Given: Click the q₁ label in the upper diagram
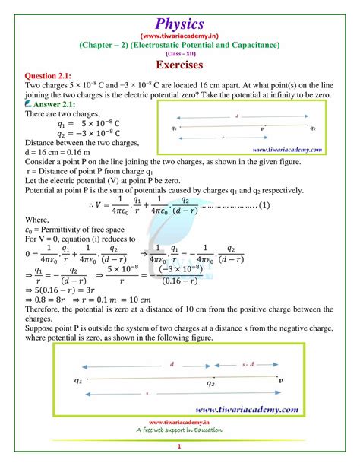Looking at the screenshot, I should pyautogui.click(x=175, y=128).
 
